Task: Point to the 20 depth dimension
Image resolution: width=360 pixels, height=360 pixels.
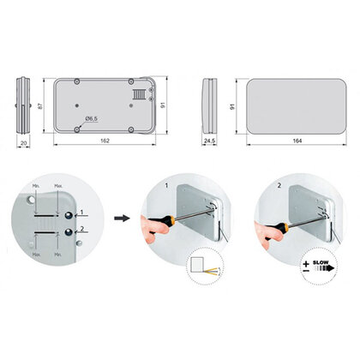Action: coord(23,143)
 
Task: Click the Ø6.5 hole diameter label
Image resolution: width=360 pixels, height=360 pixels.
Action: coord(93,118)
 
